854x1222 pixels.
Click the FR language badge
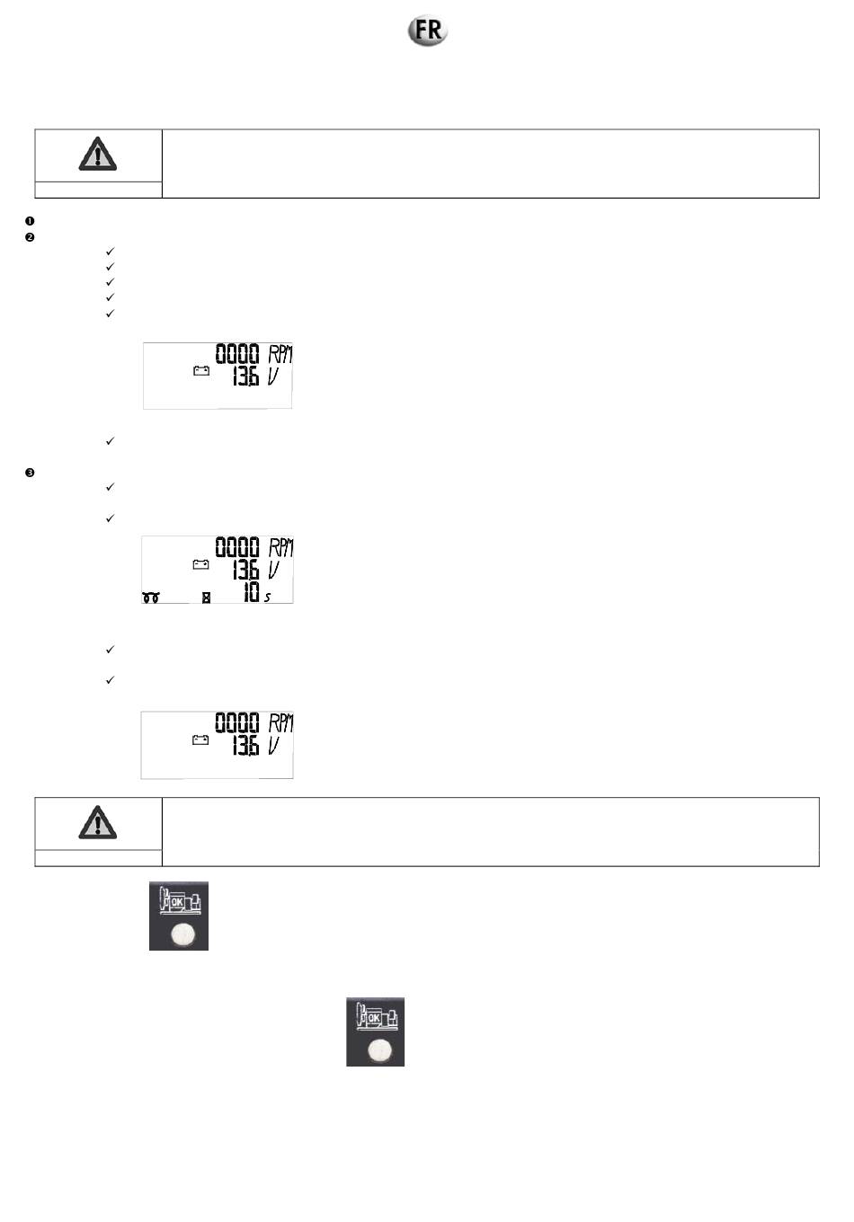428,31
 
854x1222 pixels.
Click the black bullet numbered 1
30,221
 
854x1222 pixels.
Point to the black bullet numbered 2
30,237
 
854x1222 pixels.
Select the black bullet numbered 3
30,473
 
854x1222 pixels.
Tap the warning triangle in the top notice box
97,155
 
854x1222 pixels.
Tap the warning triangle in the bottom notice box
97,822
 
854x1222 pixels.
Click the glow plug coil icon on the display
151,598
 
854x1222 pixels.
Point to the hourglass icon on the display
206,598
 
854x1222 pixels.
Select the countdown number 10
249,592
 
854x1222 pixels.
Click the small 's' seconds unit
267,598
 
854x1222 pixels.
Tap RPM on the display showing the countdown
280,548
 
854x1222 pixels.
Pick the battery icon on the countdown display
200,564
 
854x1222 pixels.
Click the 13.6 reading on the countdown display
245,570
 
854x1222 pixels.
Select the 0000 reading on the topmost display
236,354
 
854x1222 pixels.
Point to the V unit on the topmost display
274,376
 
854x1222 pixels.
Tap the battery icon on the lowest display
200,739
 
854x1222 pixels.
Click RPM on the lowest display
280,723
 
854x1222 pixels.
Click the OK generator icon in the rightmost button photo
376,1019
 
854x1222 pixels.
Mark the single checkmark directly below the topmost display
111,441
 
